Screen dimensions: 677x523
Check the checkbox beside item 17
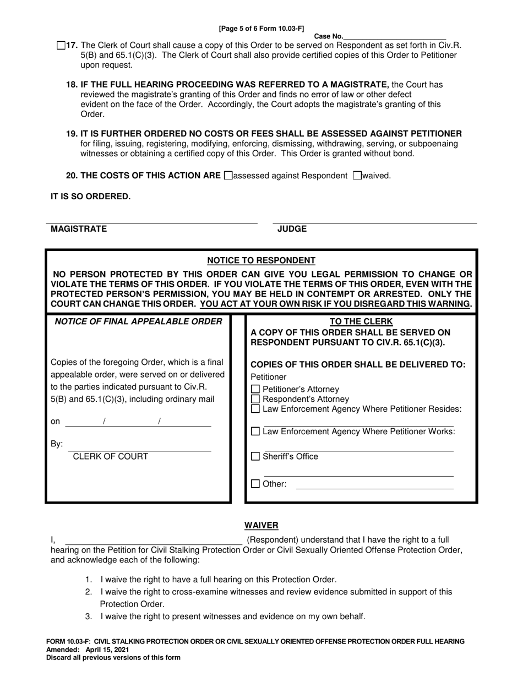(x=61, y=46)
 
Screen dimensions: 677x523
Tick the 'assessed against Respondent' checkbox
(x=229, y=176)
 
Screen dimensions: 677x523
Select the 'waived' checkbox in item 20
(x=357, y=176)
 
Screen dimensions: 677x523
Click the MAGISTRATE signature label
(x=79, y=229)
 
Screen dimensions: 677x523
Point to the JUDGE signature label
(x=292, y=229)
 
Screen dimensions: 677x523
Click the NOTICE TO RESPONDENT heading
(x=261, y=260)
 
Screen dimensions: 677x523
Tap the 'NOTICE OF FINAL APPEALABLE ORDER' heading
(x=138, y=321)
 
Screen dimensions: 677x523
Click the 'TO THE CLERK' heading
(x=361, y=321)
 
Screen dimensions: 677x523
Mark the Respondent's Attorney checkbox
(x=255, y=399)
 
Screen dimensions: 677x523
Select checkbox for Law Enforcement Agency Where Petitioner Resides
(x=255, y=409)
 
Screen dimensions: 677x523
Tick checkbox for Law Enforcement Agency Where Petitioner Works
(x=255, y=432)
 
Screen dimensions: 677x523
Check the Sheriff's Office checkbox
(x=255, y=456)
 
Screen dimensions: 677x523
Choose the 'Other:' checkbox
(x=255, y=484)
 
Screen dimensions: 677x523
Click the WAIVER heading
(x=261, y=526)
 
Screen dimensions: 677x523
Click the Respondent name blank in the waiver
(x=154, y=542)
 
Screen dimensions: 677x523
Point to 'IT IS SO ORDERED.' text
(x=91, y=196)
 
